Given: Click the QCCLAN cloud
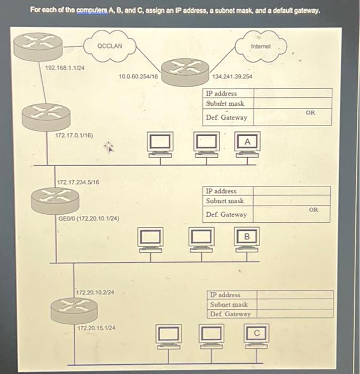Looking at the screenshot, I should [x=110, y=46].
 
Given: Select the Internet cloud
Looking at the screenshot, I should [x=260, y=47].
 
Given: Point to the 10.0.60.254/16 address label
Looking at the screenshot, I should [x=138, y=77].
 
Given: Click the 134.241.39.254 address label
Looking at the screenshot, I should [x=232, y=77].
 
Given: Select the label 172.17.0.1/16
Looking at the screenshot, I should [x=74, y=136].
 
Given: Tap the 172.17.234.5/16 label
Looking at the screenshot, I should [x=77, y=183].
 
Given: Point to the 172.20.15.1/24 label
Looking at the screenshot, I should [x=96, y=328].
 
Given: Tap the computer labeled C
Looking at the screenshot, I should [x=256, y=336].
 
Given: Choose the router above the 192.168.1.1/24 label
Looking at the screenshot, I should [x=35, y=46].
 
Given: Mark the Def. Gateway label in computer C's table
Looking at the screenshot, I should [x=230, y=314].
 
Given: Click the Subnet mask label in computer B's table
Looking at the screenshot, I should [x=225, y=201].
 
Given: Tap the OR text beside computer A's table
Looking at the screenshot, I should [x=310, y=113].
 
